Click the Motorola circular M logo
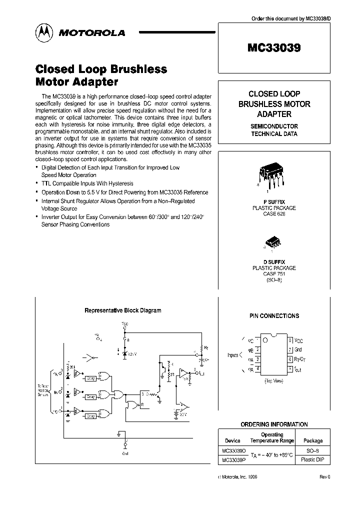[x=43, y=32]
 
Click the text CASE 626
[x=273, y=213]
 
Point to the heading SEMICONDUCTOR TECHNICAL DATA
[x=274, y=130]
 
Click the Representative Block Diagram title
[x=122, y=310]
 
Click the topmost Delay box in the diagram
[x=90, y=378]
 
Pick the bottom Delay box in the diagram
[x=90, y=415]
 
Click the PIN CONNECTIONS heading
[x=274, y=316]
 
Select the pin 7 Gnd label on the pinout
[x=299, y=350]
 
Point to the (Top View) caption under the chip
[x=273, y=381]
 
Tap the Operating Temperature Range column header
[x=272, y=437]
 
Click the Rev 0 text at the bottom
[x=325, y=477]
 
